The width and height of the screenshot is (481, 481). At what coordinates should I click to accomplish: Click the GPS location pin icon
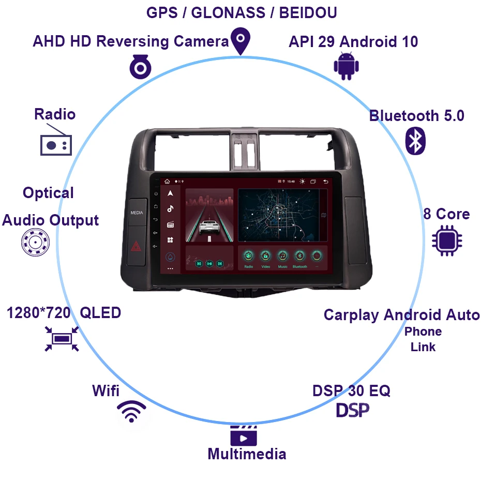240,40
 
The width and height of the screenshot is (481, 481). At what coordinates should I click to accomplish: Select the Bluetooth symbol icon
415,140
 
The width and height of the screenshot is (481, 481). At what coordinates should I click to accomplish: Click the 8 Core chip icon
447,241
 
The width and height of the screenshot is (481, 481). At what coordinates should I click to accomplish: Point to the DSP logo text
353,410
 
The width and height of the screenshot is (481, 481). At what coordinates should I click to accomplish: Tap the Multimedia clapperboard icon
244,436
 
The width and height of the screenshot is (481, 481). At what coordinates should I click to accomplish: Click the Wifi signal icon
131,411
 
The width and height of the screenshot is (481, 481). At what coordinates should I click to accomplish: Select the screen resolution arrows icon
62,339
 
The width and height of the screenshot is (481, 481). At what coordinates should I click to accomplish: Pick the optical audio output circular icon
35,242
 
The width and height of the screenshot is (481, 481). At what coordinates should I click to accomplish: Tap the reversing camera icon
140,67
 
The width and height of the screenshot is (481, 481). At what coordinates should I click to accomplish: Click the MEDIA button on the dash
137,213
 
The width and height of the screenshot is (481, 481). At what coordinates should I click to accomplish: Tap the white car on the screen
209,226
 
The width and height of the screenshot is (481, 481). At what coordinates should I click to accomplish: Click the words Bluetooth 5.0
416,116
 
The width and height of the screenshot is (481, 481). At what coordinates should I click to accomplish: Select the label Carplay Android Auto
401,315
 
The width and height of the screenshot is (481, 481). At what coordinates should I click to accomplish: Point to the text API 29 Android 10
353,42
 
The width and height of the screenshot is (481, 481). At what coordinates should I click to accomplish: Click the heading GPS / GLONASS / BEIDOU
242,12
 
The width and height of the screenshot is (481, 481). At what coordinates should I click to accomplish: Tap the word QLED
101,313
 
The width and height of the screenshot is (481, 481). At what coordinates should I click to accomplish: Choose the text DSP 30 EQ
351,390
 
